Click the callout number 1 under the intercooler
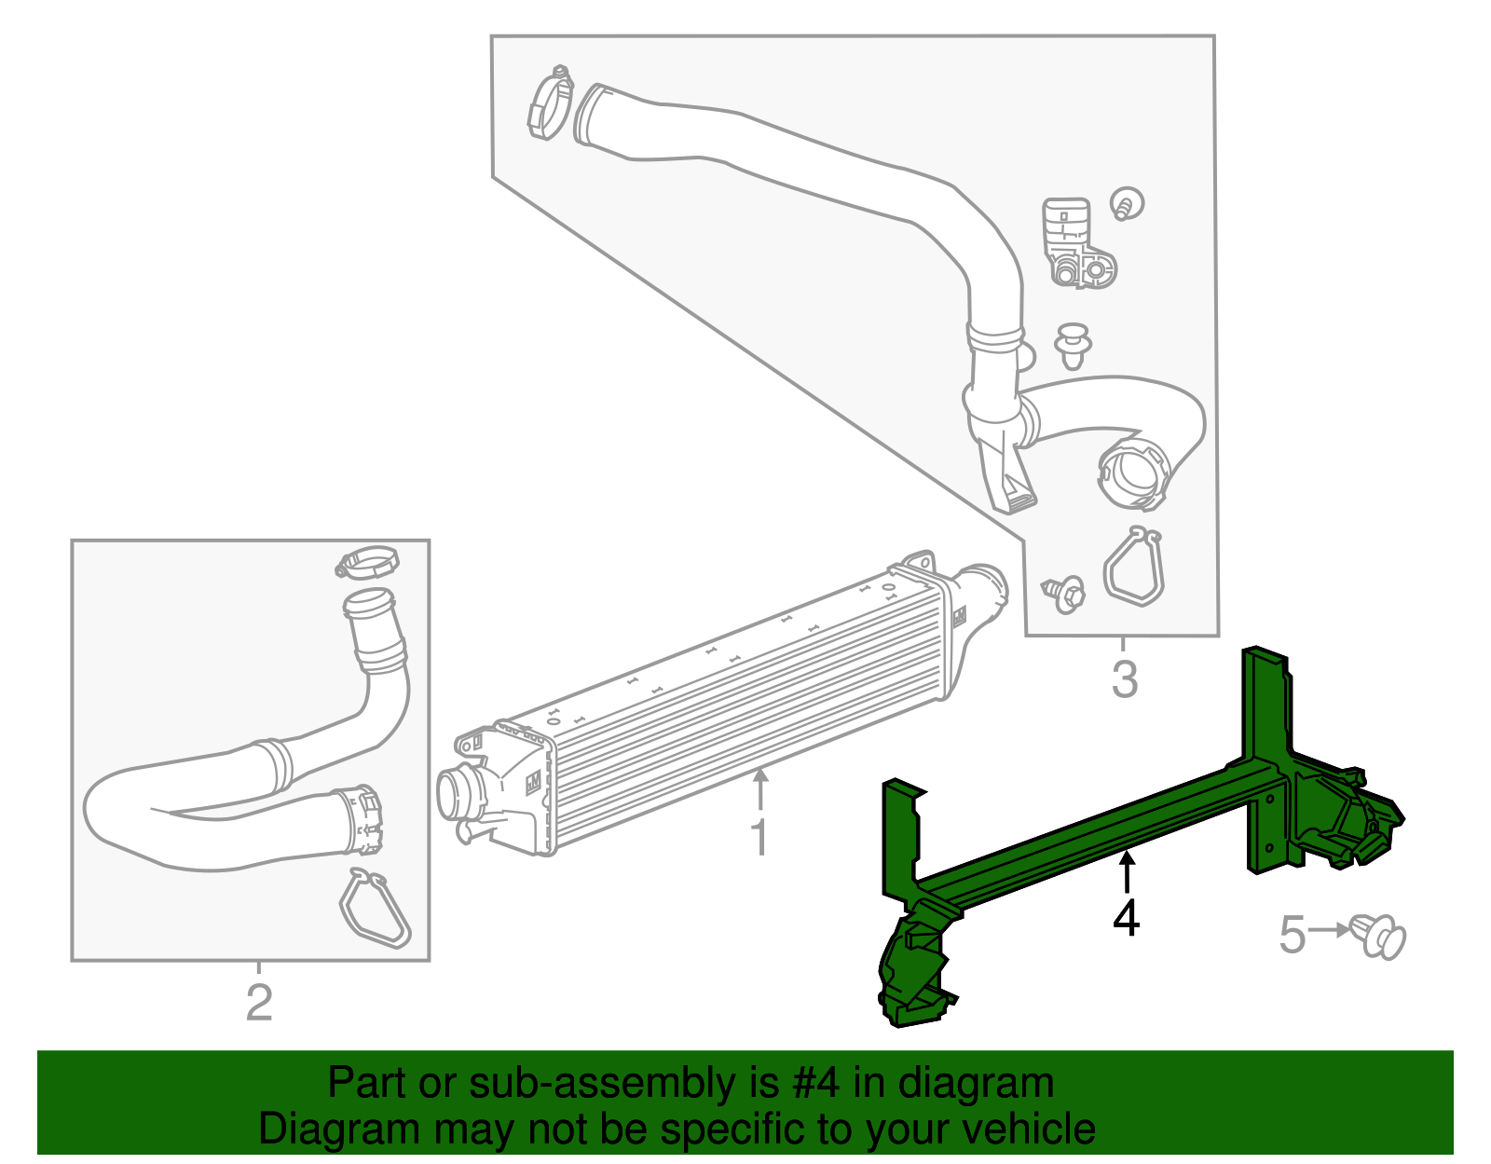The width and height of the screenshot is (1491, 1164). point(759,838)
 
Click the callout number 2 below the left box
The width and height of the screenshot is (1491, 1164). point(259,1003)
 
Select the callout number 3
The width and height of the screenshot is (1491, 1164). point(1125,679)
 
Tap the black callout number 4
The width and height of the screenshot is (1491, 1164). point(1126,918)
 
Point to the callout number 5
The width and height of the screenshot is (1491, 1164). point(1292,935)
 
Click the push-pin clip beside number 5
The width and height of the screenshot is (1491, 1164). point(1378,936)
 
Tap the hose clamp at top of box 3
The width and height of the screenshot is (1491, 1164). point(550,103)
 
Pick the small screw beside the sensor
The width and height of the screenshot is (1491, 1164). point(1128,204)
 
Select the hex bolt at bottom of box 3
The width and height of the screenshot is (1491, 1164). point(1064,593)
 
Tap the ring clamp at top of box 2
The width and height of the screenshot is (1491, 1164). point(367,562)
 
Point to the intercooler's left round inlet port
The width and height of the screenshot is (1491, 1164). point(459,794)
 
